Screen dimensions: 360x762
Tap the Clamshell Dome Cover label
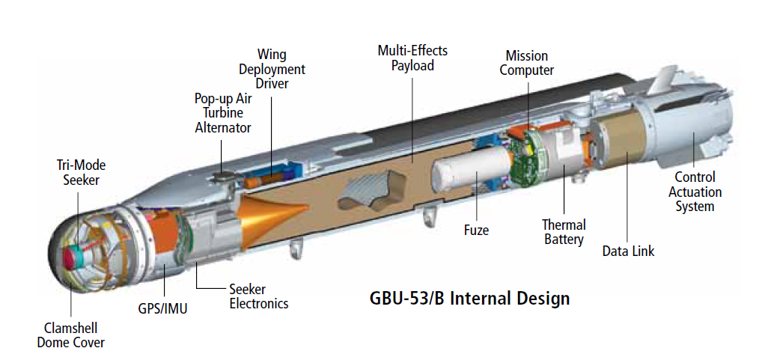point(71,335)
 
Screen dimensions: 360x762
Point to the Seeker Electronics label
point(258,296)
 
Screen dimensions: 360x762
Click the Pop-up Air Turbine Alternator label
point(222,112)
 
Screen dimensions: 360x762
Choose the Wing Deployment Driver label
point(271,69)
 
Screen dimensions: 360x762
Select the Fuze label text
point(476,230)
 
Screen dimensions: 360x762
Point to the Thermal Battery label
point(563,232)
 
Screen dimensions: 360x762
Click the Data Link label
point(628,251)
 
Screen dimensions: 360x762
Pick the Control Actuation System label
point(695,192)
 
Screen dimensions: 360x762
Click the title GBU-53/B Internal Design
point(469,298)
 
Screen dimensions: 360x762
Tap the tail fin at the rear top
point(665,78)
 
